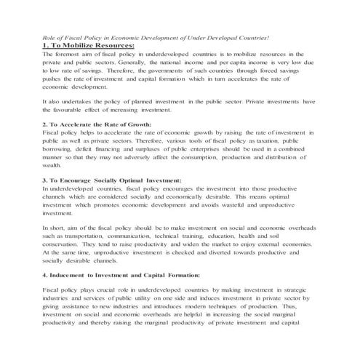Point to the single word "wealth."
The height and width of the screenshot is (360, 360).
53,165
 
